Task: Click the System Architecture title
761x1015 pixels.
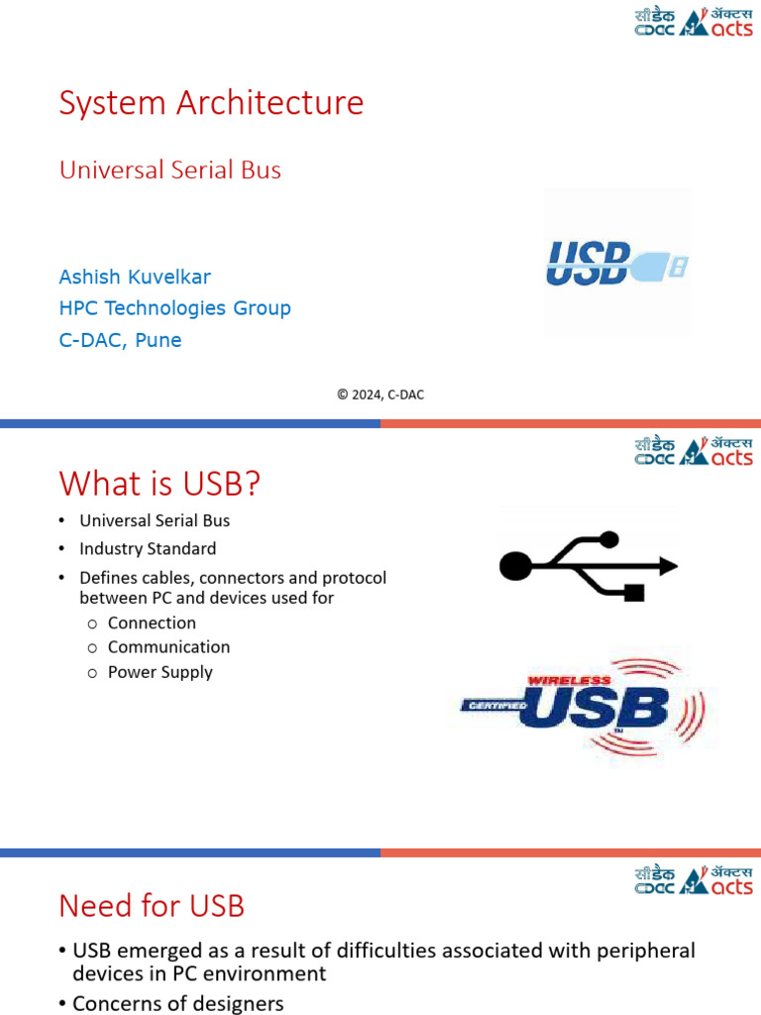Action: click(x=211, y=103)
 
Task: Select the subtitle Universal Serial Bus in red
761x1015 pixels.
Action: click(x=170, y=169)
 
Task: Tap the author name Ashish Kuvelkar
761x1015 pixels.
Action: click(x=135, y=277)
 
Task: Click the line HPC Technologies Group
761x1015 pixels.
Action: click(x=175, y=308)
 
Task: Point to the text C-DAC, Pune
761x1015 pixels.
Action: click(x=120, y=340)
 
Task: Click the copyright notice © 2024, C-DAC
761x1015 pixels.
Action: click(x=380, y=395)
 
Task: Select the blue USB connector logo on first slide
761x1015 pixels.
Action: click(x=616, y=264)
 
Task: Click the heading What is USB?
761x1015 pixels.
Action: click(x=160, y=484)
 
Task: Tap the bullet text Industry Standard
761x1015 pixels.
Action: click(x=148, y=548)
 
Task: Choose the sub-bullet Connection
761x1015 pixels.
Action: click(x=152, y=622)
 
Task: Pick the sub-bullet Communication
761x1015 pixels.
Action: click(x=168, y=647)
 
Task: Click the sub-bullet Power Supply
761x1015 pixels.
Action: click(x=160, y=672)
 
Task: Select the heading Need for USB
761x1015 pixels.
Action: click(x=152, y=905)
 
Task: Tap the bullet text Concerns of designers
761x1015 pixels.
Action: click(x=178, y=1003)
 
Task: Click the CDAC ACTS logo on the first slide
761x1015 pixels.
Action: click(x=694, y=22)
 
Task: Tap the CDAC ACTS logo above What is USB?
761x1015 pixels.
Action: click(x=694, y=451)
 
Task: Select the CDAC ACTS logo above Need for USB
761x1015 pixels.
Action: click(x=694, y=880)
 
